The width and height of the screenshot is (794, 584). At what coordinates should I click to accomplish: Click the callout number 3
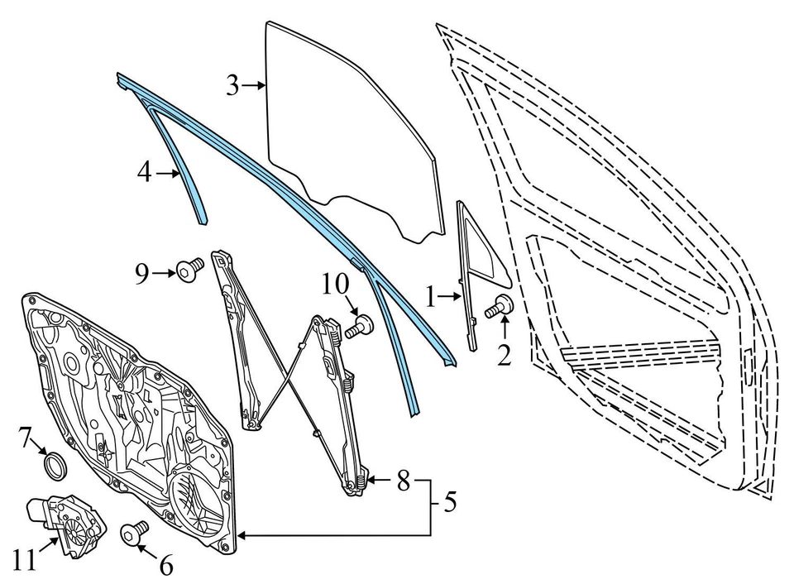point(232,84)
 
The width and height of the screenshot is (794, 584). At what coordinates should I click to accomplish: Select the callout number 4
point(145,174)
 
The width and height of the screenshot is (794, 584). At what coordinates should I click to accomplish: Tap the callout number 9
point(142,271)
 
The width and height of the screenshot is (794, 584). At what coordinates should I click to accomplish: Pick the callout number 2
point(504,356)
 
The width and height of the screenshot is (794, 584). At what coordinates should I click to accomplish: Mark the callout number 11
point(25,560)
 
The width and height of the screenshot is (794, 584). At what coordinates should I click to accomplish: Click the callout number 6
point(165,566)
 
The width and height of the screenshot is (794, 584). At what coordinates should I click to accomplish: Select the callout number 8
point(403,480)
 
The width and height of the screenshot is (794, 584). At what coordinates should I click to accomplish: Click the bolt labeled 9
point(189,270)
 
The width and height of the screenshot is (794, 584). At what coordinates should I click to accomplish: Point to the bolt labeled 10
point(360,326)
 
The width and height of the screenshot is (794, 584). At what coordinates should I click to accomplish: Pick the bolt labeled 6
point(134,534)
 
